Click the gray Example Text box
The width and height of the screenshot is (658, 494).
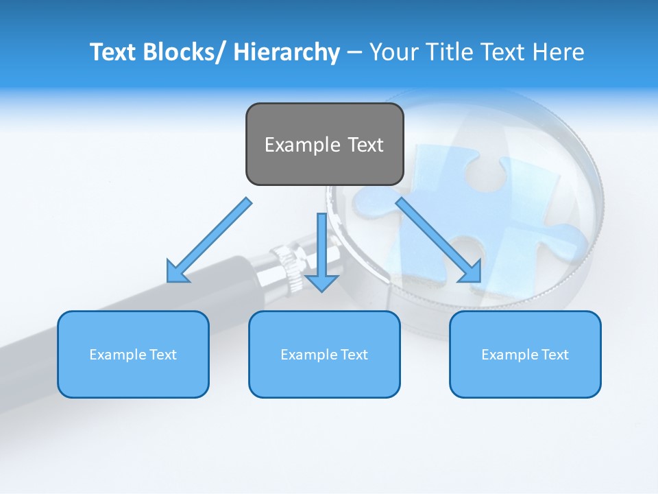[324, 144]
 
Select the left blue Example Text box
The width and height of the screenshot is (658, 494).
[133, 354]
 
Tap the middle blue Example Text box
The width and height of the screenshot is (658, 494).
[324, 354]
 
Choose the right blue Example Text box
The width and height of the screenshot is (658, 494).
[525, 354]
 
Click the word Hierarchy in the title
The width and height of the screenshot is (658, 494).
[287, 52]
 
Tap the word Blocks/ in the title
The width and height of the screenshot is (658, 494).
[185, 52]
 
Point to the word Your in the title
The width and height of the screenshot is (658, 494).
[392, 52]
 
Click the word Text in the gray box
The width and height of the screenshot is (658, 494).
[365, 145]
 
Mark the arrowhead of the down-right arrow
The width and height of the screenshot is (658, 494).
[470, 271]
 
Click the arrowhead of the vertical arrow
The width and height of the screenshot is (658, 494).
[321, 282]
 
